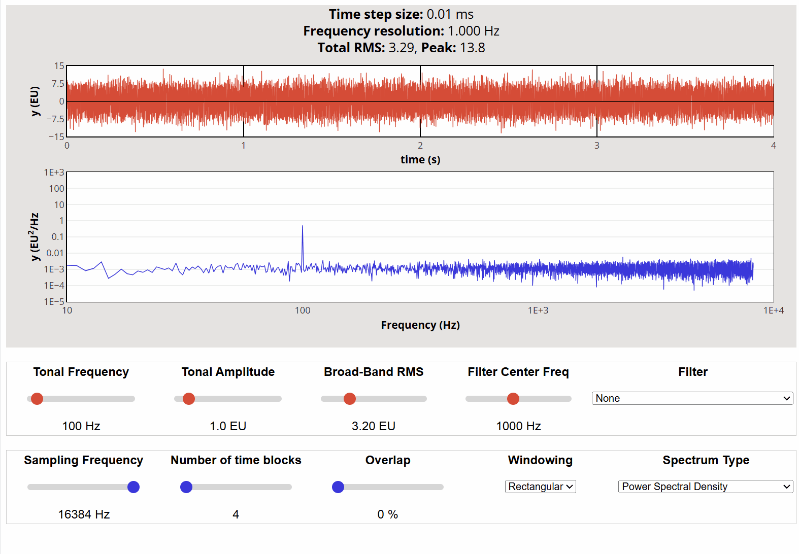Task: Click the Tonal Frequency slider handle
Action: (37, 399)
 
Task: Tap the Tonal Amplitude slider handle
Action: (189, 399)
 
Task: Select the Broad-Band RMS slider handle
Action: (350, 399)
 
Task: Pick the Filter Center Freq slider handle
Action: (513, 399)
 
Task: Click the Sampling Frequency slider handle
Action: (134, 487)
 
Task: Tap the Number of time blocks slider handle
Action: (186, 487)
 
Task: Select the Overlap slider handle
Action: (338, 487)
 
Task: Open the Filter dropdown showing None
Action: (692, 398)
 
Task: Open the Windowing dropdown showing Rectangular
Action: (540, 487)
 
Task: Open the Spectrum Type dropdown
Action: (705, 487)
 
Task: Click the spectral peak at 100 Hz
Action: (303, 227)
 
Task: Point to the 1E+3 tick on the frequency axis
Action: (538, 310)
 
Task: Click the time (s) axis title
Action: (420, 160)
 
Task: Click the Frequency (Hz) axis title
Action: (420, 325)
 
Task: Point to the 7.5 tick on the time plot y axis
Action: (58, 84)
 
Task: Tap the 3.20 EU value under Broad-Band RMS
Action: (374, 426)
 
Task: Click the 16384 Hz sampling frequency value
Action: (84, 514)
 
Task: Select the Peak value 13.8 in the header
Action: (473, 48)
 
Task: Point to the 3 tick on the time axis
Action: (597, 146)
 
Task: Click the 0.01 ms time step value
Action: (450, 14)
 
